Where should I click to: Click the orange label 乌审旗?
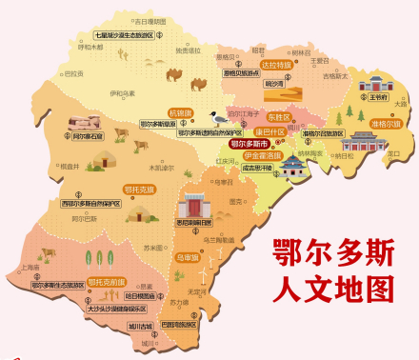tap(188, 256)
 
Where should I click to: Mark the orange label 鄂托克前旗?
tap(107, 282)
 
